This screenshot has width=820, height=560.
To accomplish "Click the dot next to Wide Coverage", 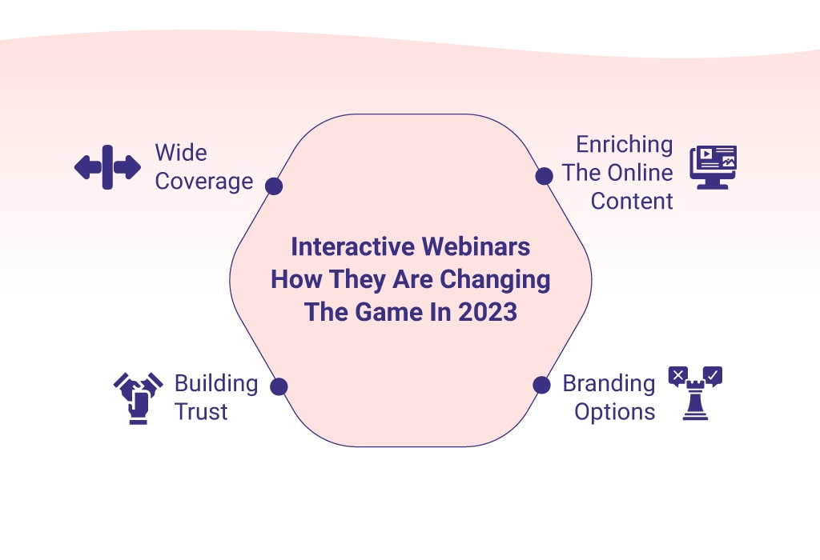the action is pyautogui.click(x=274, y=186).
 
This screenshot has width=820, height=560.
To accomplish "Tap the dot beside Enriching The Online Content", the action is pyautogui.click(x=544, y=176).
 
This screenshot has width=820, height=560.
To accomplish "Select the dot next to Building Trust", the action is pyautogui.click(x=279, y=386).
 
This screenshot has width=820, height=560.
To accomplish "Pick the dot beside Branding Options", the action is pyautogui.click(x=541, y=385).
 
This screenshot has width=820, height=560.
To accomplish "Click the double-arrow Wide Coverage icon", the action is pyautogui.click(x=108, y=167).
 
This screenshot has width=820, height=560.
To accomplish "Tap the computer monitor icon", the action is pyautogui.click(x=713, y=167).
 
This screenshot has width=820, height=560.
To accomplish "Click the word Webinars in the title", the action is pyautogui.click(x=476, y=246).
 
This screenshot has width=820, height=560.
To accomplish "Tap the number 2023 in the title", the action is pyautogui.click(x=488, y=312).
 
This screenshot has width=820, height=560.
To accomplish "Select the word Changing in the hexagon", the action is pyautogui.click(x=495, y=280).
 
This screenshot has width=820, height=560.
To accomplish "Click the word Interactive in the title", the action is pyautogui.click(x=353, y=246).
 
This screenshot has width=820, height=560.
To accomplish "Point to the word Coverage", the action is pyautogui.click(x=204, y=182).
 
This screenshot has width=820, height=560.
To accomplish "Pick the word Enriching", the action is pyautogui.click(x=625, y=145).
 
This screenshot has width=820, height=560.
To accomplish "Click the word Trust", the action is pyautogui.click(x=201, y=412).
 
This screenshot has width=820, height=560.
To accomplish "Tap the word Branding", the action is pyautogui.click(x=609, y=384).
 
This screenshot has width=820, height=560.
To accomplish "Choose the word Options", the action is pyautogui.click(x=614, y=412).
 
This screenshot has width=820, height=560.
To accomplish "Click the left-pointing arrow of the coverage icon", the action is pyautogui.click(x=88, y=167).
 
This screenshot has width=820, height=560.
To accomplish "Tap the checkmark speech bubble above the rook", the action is pyautogui.click(x=713, y=375).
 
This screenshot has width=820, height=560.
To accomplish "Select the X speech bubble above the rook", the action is pyautogui.click(x=677, y=375).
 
